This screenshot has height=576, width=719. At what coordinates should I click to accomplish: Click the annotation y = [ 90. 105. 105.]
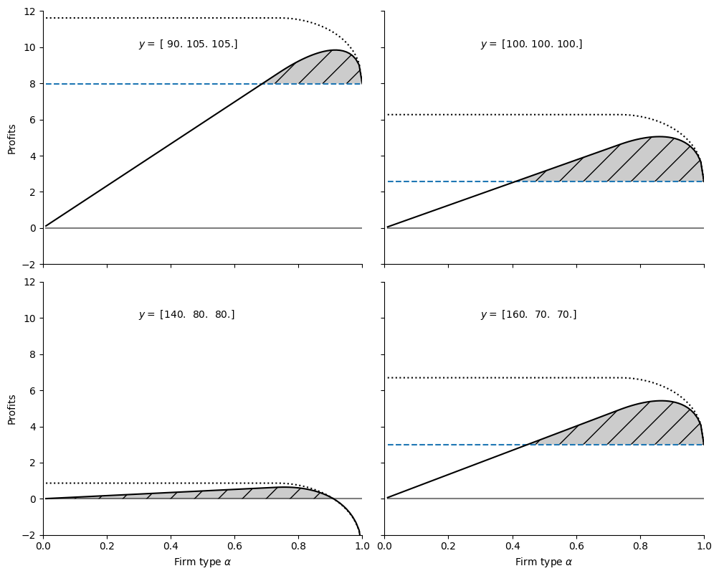188,44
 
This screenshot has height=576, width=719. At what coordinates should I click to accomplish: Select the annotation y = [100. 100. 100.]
531,44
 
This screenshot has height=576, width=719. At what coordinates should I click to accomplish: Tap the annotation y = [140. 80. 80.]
186,315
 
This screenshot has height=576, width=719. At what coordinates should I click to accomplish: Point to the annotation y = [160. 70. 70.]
528,315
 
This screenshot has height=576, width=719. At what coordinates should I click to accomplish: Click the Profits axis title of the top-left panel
11,138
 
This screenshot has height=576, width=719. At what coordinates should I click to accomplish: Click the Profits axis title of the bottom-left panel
11,408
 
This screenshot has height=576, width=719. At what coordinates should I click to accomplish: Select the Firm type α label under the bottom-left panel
202,562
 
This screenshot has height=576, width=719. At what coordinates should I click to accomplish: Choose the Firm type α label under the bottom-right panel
543,562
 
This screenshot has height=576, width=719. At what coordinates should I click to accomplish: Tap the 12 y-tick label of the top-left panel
29,12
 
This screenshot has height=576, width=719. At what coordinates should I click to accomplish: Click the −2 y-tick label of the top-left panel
27,265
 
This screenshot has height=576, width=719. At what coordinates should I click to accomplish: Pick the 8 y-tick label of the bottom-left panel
32,354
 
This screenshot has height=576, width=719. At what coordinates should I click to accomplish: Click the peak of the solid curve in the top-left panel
334,50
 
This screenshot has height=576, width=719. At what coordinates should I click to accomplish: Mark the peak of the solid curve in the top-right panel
658,137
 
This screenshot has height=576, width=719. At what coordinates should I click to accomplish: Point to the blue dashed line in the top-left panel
143,84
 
